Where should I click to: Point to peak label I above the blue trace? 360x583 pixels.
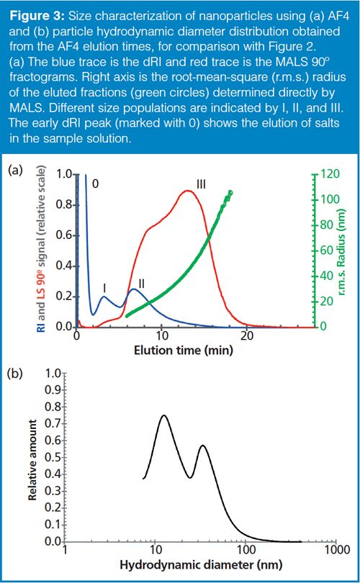(105, 287)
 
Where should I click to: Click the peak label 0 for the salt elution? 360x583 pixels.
(95, 184)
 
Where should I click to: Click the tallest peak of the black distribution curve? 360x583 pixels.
(164, 415)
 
